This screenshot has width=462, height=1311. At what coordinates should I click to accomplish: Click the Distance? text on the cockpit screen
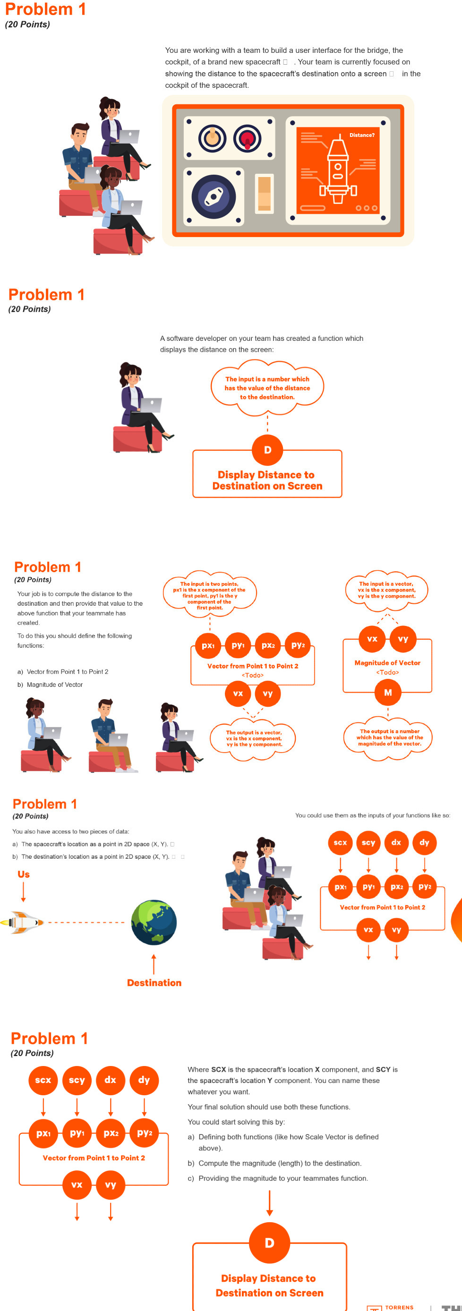click(x=362, y=135)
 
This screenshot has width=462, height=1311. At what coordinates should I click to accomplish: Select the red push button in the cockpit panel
click(x=247, y=138)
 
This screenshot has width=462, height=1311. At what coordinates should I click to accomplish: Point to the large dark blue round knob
click(x=214, y=196)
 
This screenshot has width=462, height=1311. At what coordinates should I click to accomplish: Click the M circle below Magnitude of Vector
click(x=388, y=692)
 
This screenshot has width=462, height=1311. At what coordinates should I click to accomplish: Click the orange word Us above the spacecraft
click(x=24, y=874)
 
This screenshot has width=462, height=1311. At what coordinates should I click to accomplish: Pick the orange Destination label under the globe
click(x=154, y=982)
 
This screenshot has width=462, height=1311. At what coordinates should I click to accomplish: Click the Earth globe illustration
click(x=154, y=922)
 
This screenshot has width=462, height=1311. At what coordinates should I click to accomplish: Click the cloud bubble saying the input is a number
click(x=267, y=388)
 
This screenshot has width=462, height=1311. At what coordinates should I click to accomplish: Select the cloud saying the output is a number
click(x=389, y=737)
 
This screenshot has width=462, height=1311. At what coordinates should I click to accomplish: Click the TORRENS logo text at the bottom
click(x=399, y=1307)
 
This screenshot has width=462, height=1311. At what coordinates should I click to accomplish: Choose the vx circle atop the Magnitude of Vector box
click(x=372, y=639)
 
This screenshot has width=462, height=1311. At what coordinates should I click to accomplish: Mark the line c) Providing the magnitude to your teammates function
click(x=278, y=1178)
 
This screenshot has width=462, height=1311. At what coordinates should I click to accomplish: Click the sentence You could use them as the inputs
click(x=372, y=815)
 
